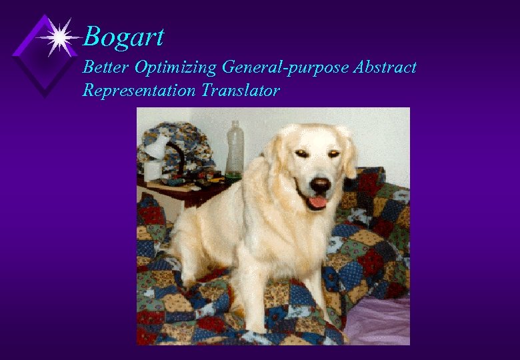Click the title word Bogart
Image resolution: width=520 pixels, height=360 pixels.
(x=124, y=37)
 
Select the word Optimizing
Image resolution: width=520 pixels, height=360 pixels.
(x=176, y=68)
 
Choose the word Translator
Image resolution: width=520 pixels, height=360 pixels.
(x=241, y=90)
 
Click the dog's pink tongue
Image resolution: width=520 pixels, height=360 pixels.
(x=318, y=201)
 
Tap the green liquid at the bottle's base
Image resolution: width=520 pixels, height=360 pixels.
(x=233, y=177)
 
